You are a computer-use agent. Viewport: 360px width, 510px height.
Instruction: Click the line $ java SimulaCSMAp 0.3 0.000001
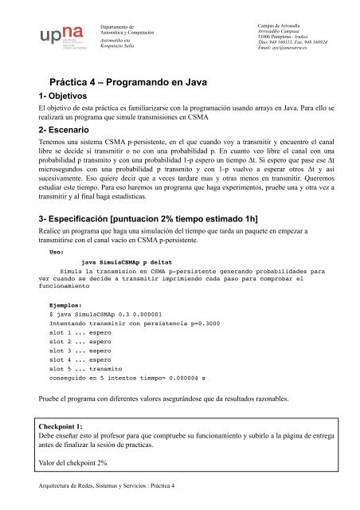[x=105, y=315]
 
